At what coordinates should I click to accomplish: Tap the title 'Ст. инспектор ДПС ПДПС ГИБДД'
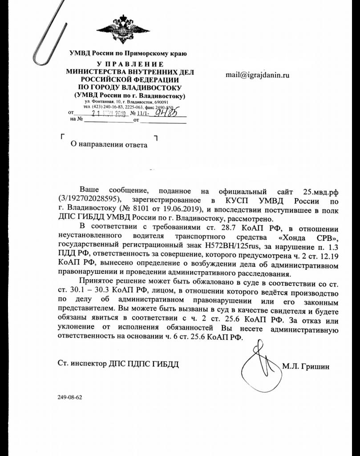click(118, 364)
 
